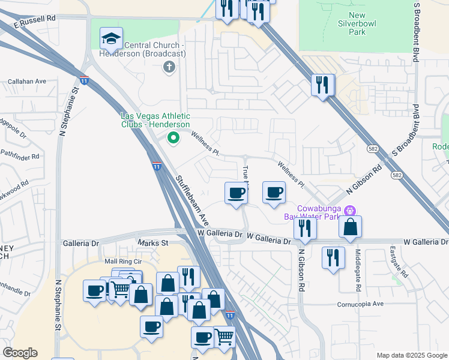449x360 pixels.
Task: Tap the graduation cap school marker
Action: (x=111, y=38)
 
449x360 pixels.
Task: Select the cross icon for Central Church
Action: (x=169, y=67)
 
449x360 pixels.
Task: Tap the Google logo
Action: (x=20, y=353)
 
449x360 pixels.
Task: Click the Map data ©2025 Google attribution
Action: (x=411, y=355)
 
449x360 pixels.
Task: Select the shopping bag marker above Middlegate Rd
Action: (x=350, y=227)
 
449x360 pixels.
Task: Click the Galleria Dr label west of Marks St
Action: (x=80, y=244)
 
